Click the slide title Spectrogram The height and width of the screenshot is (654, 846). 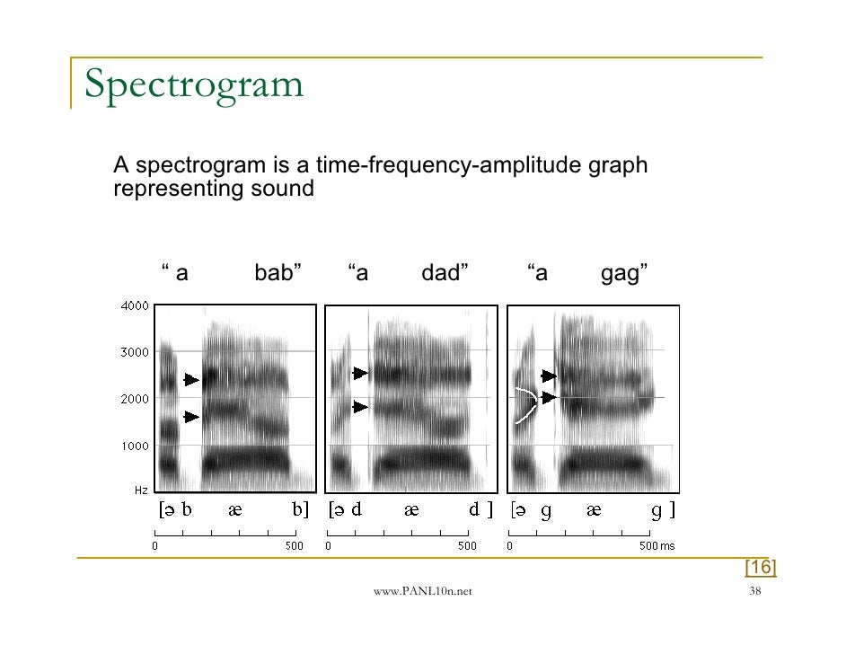point(194,87)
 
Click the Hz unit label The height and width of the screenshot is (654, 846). point(141,490)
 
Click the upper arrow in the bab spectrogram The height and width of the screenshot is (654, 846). point(191,380)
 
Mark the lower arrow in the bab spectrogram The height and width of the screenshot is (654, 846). point(191,417)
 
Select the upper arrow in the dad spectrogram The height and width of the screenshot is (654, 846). point(360,373)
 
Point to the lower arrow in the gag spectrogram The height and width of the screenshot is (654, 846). point(549,397)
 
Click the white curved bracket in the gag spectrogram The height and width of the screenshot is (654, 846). point(526,404)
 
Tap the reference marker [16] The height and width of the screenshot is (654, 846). point(760,567)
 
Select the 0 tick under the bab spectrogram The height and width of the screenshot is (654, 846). point(155,545)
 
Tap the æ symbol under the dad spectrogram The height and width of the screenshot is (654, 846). point(411,511)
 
